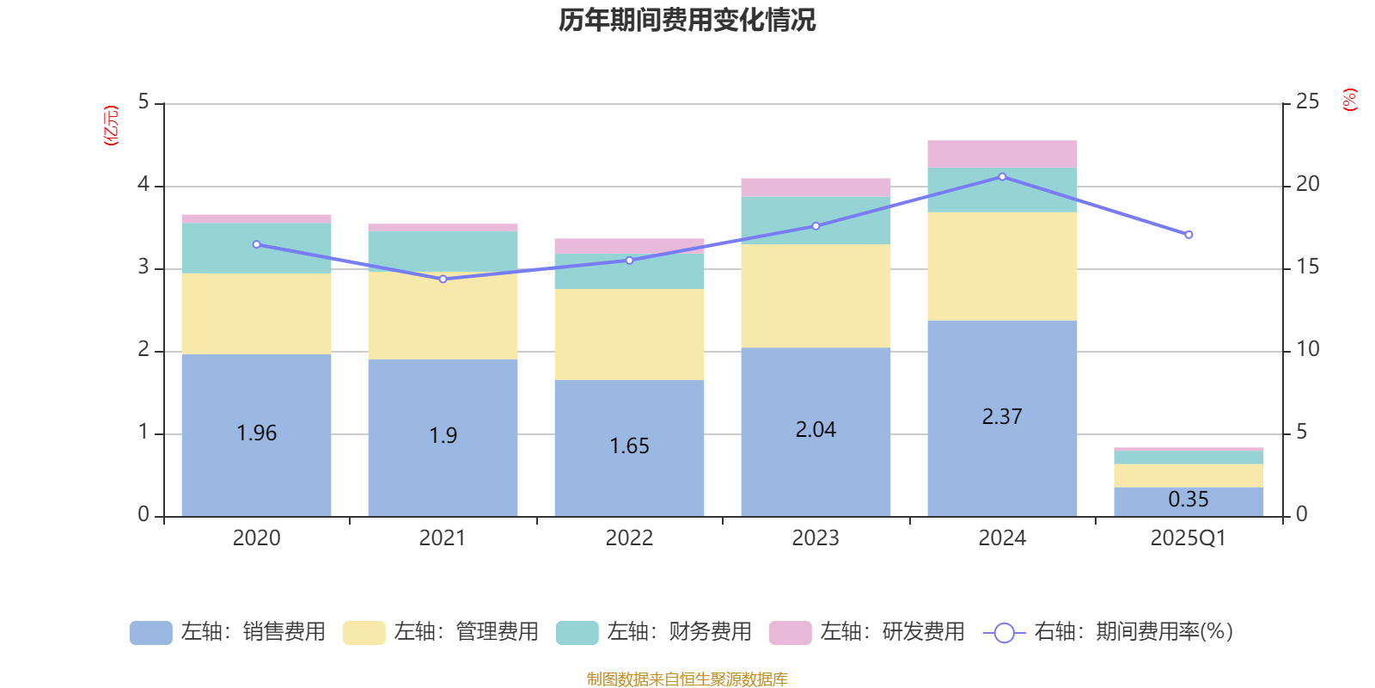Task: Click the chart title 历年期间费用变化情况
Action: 687,20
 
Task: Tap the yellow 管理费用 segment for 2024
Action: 1002,267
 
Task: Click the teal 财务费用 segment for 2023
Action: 816,220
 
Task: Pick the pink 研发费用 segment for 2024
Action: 1002,154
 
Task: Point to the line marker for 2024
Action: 1002,176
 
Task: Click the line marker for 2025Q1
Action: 1189,235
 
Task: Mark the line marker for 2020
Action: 256,244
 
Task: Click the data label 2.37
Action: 1002,417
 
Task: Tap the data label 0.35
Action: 1189,500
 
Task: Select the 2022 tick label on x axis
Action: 629,538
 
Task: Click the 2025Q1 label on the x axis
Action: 1189,538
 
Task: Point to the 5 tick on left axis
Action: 144,102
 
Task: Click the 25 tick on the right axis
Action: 1307,102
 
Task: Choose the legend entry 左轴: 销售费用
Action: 228,632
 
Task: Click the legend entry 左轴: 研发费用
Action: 867,632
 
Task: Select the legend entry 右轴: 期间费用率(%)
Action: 1109,632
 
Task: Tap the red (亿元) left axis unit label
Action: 111,126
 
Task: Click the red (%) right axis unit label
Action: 1350,100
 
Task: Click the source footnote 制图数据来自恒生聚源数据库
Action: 687,679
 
